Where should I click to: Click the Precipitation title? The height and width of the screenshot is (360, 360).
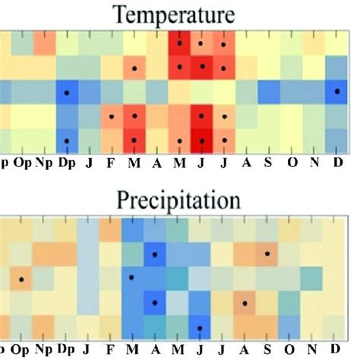(x=179, y=200)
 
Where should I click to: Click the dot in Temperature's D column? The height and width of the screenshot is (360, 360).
(x=336, y=91)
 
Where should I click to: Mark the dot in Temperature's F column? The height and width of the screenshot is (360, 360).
(x=112, y=116)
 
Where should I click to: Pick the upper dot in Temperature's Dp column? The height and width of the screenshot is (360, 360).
(x=67, y=92)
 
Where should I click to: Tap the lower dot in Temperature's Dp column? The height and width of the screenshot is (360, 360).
(x=67, y=141)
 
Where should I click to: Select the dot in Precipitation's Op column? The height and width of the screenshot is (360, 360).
(x=22, y=279)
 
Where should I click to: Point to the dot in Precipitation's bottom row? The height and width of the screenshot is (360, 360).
(x=200, y=328)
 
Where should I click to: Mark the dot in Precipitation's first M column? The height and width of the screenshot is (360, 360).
(x=133, y=278)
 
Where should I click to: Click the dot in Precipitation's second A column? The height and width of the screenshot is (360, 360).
(x=245, y=303)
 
